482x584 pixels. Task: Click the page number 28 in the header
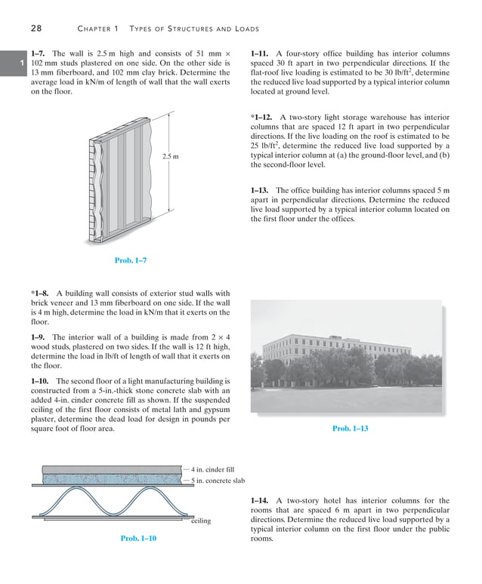pos(36,29)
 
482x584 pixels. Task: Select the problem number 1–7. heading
pos(39,54)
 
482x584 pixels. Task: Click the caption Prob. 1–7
pos(130,260)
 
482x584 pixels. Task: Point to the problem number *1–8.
pos(42,294)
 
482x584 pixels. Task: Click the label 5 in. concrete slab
pos(218,481)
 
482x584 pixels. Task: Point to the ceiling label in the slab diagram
pos(201,521)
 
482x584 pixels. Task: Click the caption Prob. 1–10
pos(138,538)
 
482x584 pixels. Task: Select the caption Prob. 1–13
pos(351,429)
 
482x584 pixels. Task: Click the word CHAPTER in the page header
pos(94,29)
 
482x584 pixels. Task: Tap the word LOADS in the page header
pos(243,29)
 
